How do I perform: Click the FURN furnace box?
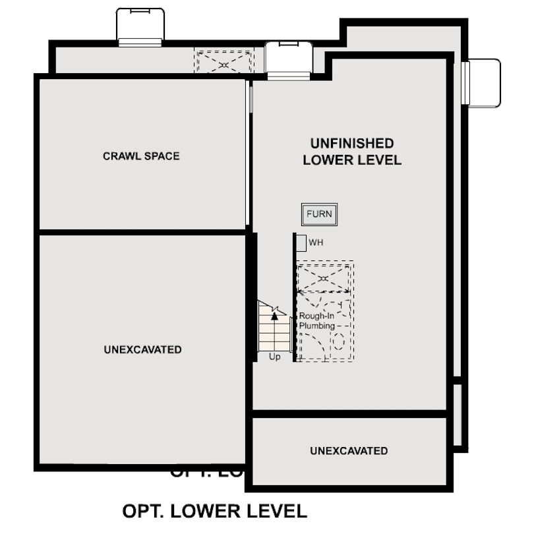click(x=320, y=214)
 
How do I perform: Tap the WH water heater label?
click(x=316, y=243)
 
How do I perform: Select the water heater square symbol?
click(x=301, y=243)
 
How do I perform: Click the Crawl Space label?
click(x=141, y=156)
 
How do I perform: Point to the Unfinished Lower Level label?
click(x=352, y=152)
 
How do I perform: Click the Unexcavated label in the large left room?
click(x=142, y=349)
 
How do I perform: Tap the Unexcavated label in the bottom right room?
click(x=349, y=451)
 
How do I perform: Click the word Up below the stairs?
click(x=275, y=357)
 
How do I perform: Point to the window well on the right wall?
click(x=482, y=82)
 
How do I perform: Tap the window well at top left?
click(x=140, y=26)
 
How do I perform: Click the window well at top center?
click(x=288, y=59)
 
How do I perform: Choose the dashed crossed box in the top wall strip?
click(x=223, y=61)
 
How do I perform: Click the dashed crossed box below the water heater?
click(x=323, y=278)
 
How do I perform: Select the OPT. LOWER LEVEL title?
click(x=215, y=511)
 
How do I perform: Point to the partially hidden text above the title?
click(x=208, y=473)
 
